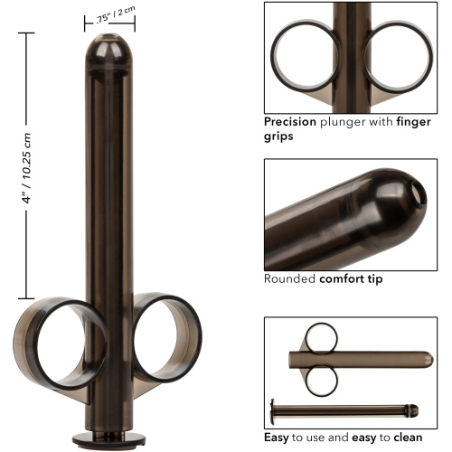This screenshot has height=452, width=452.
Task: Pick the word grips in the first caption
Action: pyautogui.click(x=280, y=137)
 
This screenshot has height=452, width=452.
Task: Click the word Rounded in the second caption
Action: pyautogui.click(x=288, y=278)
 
